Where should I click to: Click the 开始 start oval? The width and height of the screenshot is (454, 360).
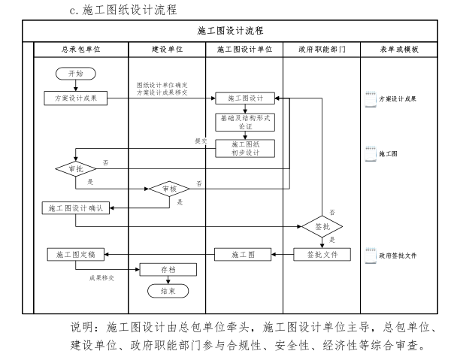coord(76,74)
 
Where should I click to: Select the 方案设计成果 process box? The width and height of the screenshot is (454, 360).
coord(76,98)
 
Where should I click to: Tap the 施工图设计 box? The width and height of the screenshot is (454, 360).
coord(245,98)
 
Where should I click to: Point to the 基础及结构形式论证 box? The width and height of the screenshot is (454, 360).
coord(245,122)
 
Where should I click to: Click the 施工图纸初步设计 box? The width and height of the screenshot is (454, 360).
coord(245,147)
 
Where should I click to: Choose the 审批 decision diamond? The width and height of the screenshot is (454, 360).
coord(75,170)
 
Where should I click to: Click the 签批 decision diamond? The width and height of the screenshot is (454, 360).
coord(322,225)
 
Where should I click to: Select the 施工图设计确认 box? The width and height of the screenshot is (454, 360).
coord(75,208)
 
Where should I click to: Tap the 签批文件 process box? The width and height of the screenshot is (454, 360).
coord(322,255)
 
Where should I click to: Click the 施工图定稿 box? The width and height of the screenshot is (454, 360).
coord(76,255)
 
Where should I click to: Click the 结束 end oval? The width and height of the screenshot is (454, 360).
coord(169,290)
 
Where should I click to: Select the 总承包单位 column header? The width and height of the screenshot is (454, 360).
coord(76,49)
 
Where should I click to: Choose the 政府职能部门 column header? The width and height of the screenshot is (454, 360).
coord(322,49)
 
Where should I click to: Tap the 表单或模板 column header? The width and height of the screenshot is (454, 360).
coord(399,49)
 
